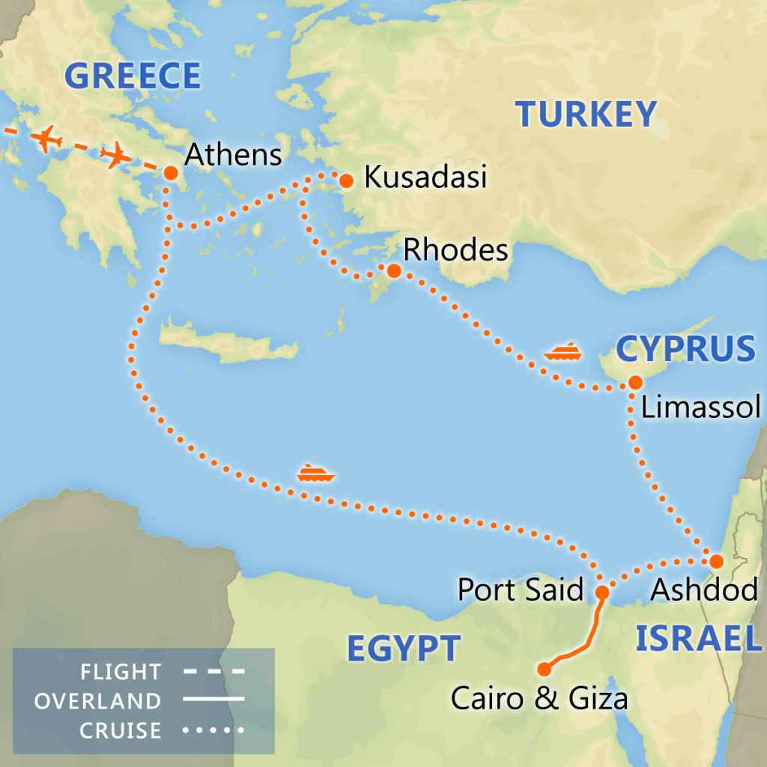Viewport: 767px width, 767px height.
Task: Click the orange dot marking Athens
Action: [170, 173]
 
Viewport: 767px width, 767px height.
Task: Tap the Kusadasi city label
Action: [425, 178]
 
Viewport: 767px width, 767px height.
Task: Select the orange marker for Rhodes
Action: [393, 270]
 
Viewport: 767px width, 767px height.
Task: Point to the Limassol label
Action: [700, 408]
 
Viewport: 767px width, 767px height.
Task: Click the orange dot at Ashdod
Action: [716, 561]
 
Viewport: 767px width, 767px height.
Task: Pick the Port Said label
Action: [520, 590]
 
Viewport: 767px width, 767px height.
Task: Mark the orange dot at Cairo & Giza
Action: [545, 669]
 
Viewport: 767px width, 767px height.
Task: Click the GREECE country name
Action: [133, 76]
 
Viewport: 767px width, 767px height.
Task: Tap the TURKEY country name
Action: [586, 115]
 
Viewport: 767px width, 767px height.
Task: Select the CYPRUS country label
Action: [685, 349]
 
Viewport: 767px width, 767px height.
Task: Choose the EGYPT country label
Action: [402, 649]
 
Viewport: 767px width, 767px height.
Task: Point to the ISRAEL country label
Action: [694, 638]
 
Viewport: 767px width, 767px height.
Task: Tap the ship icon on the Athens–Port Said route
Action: [315, 473]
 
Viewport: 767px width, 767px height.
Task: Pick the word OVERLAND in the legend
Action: [97, 701]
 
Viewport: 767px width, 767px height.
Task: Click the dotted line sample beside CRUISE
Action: [214, 730]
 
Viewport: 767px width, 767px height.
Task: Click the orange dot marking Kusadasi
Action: [346, 181]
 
